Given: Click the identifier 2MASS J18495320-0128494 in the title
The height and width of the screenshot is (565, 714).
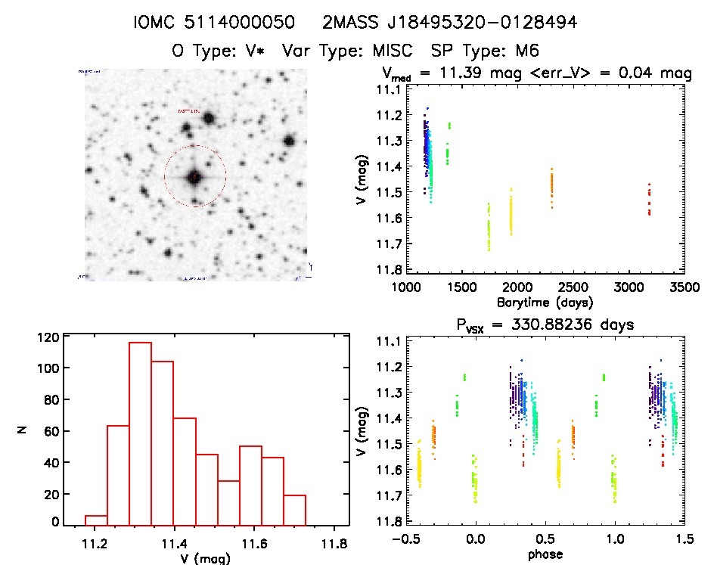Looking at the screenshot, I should (450, 23).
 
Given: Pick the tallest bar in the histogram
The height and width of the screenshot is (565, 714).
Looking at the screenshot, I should (141, 433).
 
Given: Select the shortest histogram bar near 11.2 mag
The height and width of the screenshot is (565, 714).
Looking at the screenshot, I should (96, 520).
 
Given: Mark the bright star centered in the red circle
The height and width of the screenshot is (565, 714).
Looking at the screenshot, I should (195, 176).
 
